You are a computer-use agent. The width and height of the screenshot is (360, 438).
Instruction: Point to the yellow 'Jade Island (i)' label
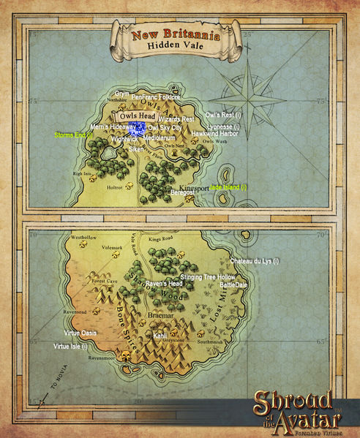point(228,187)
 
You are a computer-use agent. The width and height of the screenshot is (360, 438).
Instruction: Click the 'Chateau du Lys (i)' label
point(255,261)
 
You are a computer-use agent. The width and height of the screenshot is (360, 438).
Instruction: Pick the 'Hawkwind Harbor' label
point(214,134)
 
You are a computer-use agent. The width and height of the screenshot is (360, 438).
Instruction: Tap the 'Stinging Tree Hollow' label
point(208,278)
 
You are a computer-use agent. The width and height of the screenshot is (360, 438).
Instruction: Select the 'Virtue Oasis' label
point(75,333)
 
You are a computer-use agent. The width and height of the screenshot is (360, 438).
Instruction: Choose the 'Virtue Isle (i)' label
point(70,347)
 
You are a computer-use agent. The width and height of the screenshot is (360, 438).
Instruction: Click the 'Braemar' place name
point(159,317)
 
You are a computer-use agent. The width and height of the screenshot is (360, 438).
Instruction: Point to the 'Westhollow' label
point(83,238)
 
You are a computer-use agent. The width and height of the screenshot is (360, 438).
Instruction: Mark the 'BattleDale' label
point(233,285)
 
